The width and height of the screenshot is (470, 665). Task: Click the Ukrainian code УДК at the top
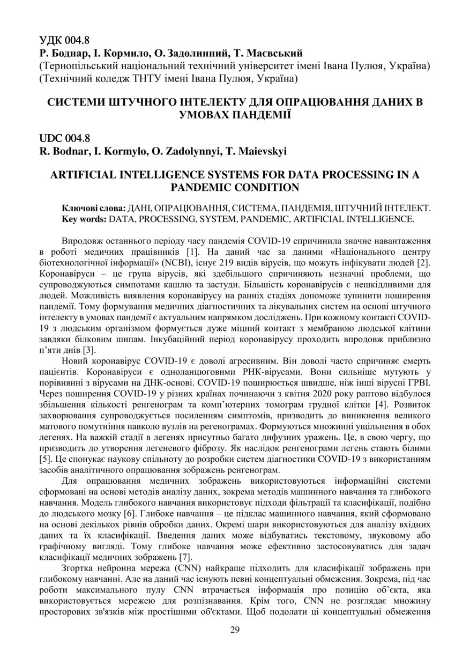(51, 41)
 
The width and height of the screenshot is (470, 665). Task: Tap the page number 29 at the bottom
(235, 630)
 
